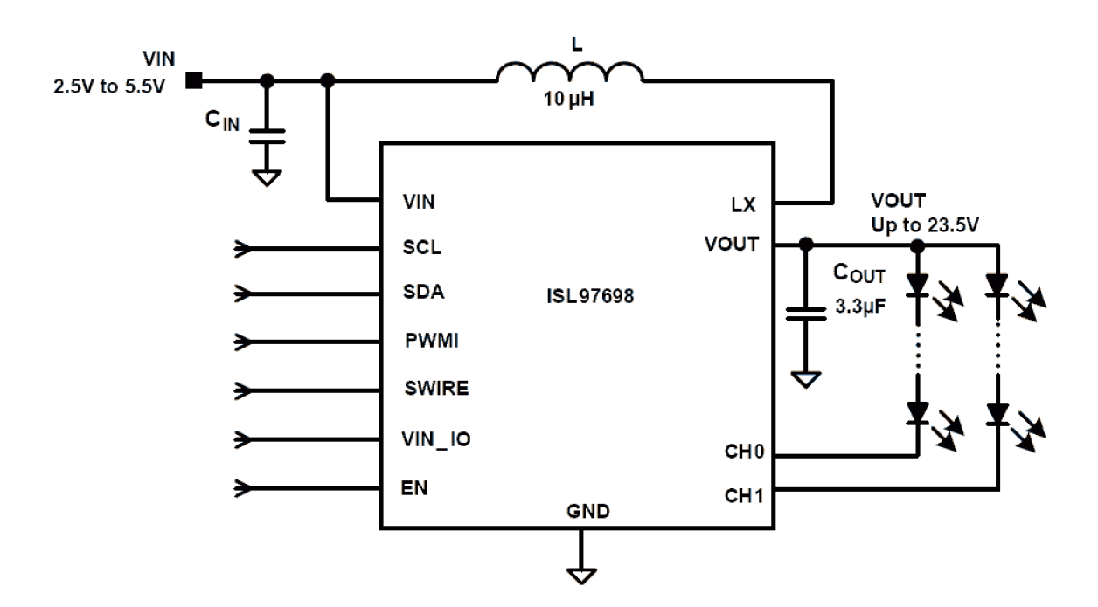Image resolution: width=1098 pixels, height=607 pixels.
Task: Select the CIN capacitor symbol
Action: (268, 135)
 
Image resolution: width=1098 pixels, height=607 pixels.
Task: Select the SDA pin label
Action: (423, 293)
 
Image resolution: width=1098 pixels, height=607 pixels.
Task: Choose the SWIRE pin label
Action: (435, 389)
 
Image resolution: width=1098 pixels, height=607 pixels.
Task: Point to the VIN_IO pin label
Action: (437, 438)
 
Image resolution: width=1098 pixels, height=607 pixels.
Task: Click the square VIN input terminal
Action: (195, 81)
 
